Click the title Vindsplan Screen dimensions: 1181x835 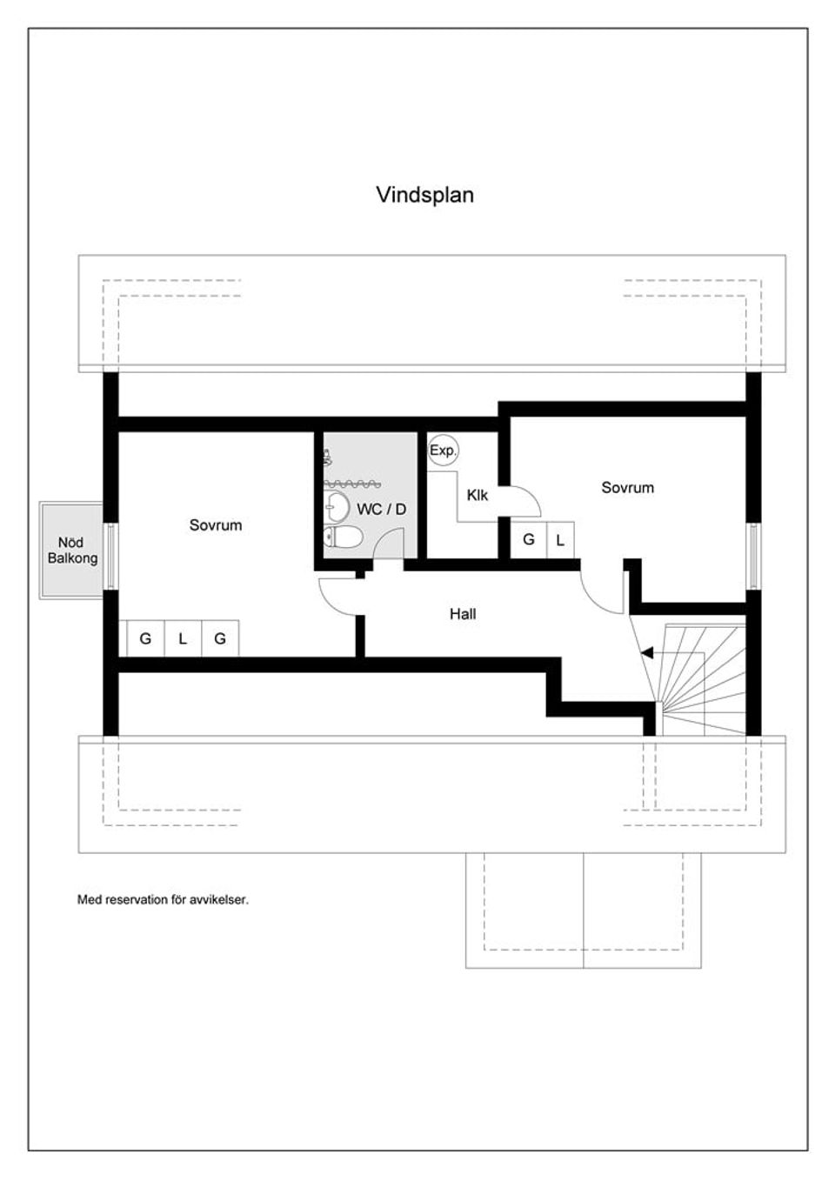[x=424, y=195]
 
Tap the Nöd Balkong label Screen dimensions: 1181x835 [x=72, y=550]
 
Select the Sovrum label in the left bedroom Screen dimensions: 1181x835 [x=216, y=525]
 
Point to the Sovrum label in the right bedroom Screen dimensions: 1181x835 [x=627, y=488]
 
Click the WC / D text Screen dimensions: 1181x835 [x=381, y=510]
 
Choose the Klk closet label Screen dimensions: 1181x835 [x=477, y=496]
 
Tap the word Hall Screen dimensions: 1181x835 [x=463, y=614]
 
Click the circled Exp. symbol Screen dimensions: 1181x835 [x=443, y=450]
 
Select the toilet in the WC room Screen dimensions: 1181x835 [x=344, y=537]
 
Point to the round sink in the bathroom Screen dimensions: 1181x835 [x=337, y=505]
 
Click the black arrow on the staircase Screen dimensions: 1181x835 [x=646, y=652]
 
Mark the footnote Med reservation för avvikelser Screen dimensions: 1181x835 [x=163, y=900]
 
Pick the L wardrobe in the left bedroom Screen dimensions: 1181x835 [x=183, y=639]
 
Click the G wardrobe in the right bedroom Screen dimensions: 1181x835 [x=528, y=540]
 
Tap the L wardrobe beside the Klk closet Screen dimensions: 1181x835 [x=560, y=540]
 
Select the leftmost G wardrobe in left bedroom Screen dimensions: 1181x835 [x=145, y=639]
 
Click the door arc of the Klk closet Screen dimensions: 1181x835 [x=524, y=501]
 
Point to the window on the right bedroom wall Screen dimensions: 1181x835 [x=753, y=557]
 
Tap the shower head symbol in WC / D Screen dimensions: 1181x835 [x=327, y=457]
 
